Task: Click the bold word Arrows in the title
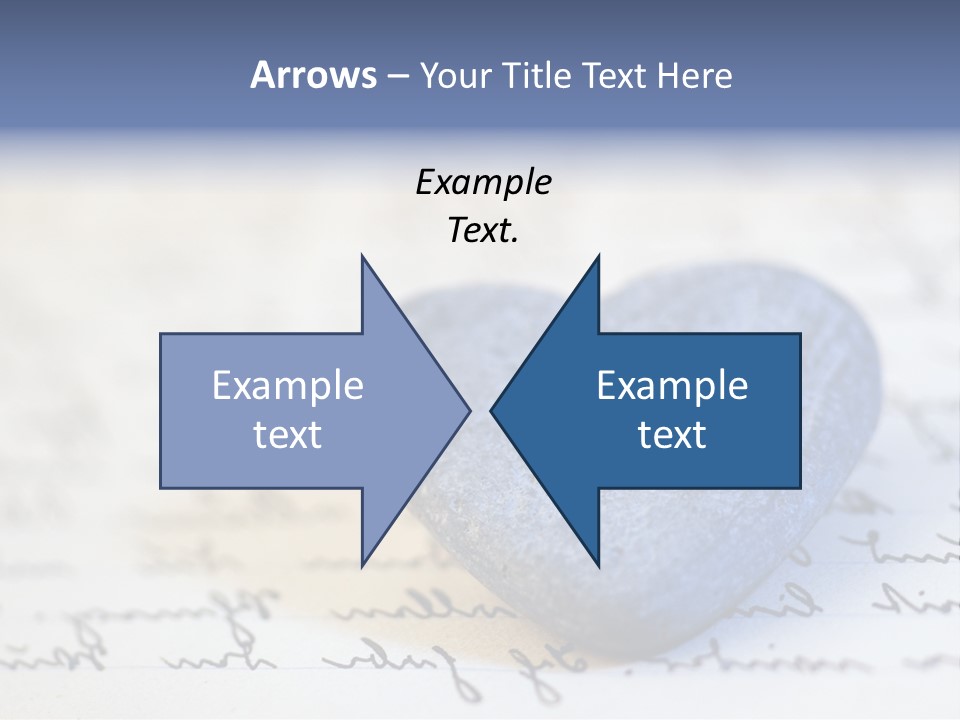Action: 313,75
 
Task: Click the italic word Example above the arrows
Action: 483,182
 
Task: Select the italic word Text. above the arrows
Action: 483,231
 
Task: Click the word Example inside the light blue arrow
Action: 288,385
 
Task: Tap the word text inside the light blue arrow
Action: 288,435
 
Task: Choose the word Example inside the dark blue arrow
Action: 672,385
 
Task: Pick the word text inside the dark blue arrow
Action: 672,435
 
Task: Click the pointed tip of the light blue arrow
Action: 470,410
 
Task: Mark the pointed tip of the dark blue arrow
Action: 490,410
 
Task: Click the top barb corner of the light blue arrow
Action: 362,256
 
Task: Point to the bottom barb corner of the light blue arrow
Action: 362,566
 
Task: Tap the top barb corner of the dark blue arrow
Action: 598,256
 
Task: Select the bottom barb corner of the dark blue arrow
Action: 598,566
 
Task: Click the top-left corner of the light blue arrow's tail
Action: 161,334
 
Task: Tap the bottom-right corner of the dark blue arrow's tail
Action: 800,487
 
